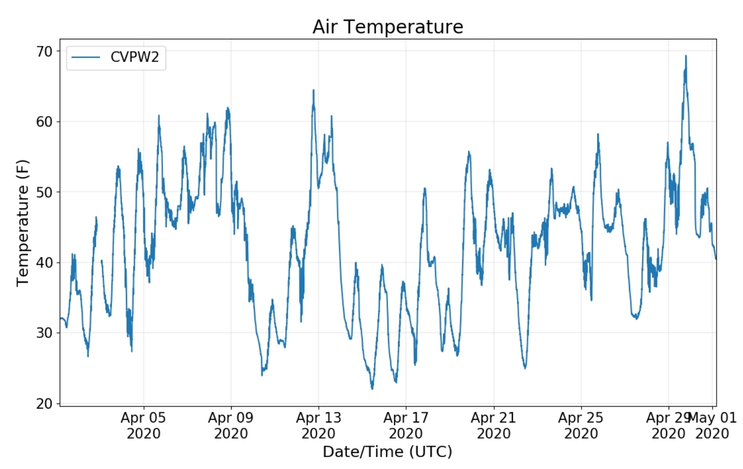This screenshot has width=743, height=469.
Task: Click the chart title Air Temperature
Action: click(x=387, y=27)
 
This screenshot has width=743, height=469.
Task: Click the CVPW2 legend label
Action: click(x=135, y=57)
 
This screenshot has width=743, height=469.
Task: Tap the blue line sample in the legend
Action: click(x=86, y=57)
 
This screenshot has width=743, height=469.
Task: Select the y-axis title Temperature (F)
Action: click(x=22, y=223)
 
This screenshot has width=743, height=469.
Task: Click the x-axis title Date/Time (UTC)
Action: click(x=387, y=451)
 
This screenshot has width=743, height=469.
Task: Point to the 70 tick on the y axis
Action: click(x=44, y=51)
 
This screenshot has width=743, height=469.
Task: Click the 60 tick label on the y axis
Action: click(x=44, y=122)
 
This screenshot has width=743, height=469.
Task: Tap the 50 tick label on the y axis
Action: click(x=44, y=192)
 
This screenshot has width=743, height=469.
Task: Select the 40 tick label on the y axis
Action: click(x=44, y=263)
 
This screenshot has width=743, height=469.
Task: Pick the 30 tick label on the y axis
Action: click(x=44, y=333)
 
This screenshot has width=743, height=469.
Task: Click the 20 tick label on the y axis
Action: click(x=44, y=403)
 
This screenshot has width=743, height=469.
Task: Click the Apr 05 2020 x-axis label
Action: click(x=143, y=425)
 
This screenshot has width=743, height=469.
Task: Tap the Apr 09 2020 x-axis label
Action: click(x=231, y=425)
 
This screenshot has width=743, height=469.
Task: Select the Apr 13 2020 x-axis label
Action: click(x=318, y=425)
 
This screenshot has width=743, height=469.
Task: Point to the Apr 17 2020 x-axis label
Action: click(x=406, y=425)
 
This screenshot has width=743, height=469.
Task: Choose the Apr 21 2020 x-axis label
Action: click(x=493, y=425)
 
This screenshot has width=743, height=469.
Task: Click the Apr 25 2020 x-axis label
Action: click(x=580, y=425)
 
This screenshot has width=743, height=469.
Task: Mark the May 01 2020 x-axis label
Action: click(x=713, y=425)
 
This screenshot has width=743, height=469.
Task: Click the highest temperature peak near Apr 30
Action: click(x=686, y=56)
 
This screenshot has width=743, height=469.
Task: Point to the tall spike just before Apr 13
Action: click(x=313, y=91)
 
